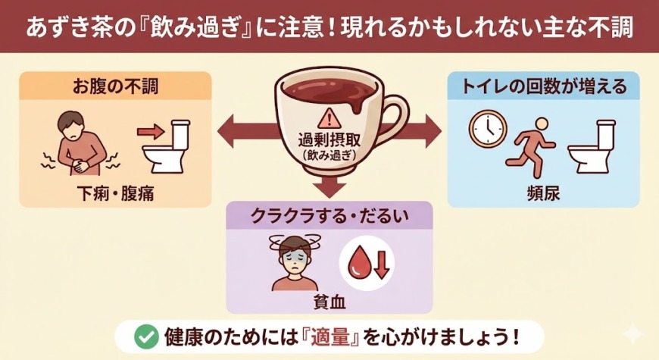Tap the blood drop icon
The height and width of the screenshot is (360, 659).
[x=358, y=264]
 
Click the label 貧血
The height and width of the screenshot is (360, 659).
[x=329, y=302]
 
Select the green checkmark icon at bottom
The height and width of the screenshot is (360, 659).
[x=141, y=335]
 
